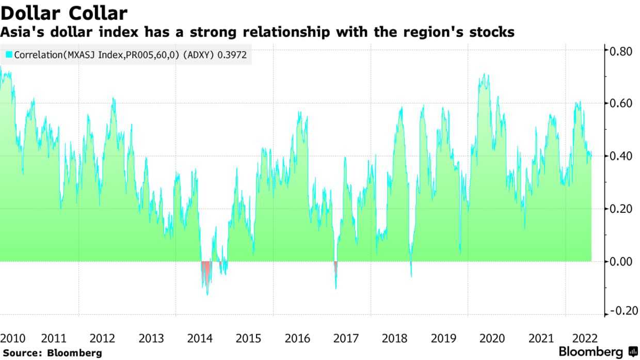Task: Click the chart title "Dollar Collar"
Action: coord(64,13)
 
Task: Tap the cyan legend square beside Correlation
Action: coord(9,54)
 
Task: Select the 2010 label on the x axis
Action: coord(13,338)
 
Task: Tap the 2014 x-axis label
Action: coord(200,338)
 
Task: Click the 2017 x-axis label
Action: coord(346,338)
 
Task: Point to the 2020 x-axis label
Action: coord(492,338)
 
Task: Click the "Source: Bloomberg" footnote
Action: coord(52,353)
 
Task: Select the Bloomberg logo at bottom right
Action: coord(599,352)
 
